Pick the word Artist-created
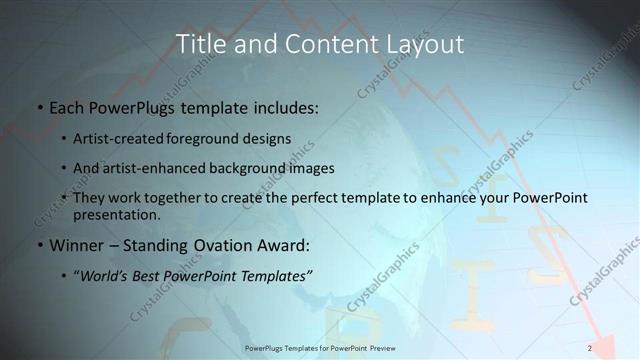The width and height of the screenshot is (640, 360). coord(120,138)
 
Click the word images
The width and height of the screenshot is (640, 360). coord(310,168)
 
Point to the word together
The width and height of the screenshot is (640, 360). coord(182,198)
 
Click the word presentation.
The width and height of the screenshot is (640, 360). coord(116,214)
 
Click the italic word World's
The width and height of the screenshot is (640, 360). coord(106,275)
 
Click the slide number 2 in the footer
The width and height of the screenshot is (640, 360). coord(590,348)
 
